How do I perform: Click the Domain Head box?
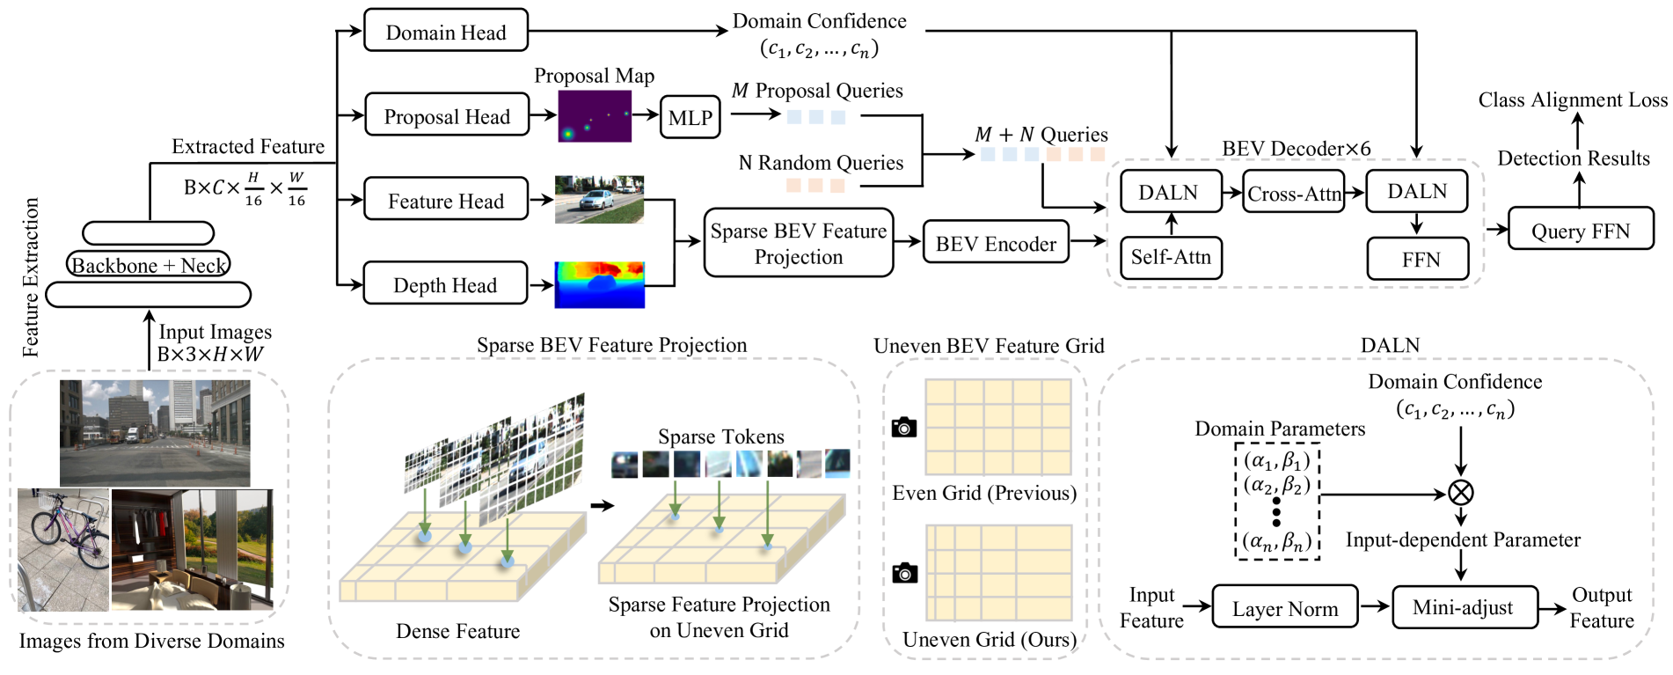pos(445,31)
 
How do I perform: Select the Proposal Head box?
pos(446,115)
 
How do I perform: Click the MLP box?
pos(690,117)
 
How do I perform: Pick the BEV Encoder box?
pos(995,243)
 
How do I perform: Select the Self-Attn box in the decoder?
pos(1170,257)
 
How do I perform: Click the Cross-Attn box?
pos(1294,193)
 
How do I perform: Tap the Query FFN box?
pos(1580,230)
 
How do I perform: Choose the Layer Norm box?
pos(1284,607)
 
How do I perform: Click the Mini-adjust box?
pos(1464,607)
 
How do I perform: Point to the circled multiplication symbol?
pos(1460,492)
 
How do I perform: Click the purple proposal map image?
pos(595,115)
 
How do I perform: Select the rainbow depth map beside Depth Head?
pos(599,284)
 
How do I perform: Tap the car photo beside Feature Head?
pos(599,200)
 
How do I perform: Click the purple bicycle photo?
pos(63,549)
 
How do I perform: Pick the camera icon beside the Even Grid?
pos(903,428)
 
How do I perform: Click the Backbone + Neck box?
pos(148,264)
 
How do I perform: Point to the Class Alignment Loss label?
pos(1572,100)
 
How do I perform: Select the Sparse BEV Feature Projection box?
pos(798,243)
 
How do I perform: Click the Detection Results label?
pos(1573,158)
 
